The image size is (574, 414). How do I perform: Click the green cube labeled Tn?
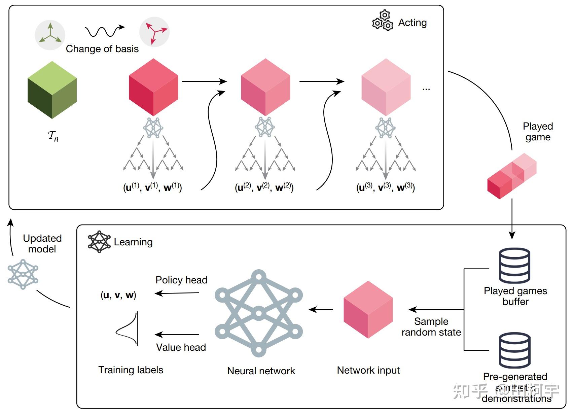pyautogui.click(x=52, y=90)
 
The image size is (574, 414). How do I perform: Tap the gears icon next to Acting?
pyautogui.click(x=383, y=21)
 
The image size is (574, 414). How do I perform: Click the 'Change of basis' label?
pyautogui.click(x=102, y=49)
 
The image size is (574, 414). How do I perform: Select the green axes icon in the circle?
pyautogui.click(x=50, y=35)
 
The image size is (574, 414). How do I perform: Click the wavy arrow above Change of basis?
pyautogui.click(x=104, y=31)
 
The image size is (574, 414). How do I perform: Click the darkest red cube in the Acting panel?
pyautogui.click(x=153, y=87)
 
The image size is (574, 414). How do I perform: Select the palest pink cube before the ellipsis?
pyautogui.click(x=386, y=87)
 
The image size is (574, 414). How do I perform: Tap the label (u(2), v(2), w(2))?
pyautogui.click(x=264, y=187)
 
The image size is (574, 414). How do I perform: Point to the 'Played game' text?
pyautogui.click(x=538, y=132)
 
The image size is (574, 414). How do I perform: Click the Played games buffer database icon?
pyautogui.click(x=514, y=266)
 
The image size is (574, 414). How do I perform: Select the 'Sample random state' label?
pyautogui.click(x=431, y=327)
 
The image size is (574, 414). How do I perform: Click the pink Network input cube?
pyautogui.click(x=368, y=309)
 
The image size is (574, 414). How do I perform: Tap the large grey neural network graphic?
pyautogui.click(x=258, y=313)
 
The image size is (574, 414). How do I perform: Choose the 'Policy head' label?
pyautogui.click(x=181, y=280)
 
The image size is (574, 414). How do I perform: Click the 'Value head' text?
pyautogui.click(x=181, y=347)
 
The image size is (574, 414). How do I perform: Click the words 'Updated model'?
pyautogui.click(x=42, y=243)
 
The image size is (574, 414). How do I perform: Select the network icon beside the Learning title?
pyautogui.click(x=99, y=242)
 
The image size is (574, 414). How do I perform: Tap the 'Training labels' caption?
pyautogui.click(x=131, y=370)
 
